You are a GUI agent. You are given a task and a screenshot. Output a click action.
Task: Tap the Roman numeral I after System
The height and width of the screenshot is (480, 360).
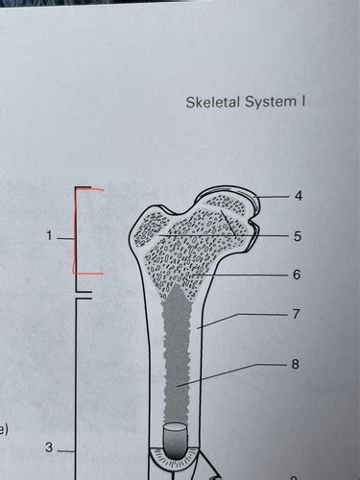(301, 101)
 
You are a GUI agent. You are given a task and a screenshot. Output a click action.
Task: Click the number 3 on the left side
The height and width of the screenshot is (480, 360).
(48, 448)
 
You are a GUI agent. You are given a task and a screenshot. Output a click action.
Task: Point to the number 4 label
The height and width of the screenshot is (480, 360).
(299, 196)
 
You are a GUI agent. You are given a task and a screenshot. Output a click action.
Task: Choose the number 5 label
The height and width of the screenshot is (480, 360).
(299, 235)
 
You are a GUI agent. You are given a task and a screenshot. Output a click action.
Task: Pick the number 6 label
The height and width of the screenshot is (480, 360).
(299, 275)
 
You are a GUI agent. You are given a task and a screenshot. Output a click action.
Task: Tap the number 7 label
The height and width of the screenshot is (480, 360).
(299, 314)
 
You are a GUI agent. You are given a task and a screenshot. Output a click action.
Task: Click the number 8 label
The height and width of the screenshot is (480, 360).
(299, 365)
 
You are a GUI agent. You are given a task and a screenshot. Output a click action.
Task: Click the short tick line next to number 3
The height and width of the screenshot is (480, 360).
(65, 448)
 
